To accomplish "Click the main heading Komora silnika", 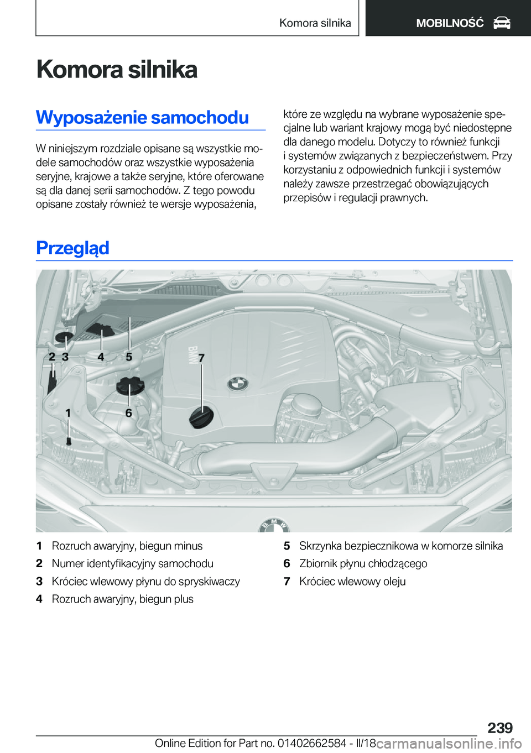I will click(117, 70).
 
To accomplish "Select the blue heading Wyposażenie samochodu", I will click(142, 117).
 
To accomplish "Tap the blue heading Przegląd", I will click(72, 248).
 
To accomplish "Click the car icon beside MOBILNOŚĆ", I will click(502, 23).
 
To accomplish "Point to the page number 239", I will click(500, 728).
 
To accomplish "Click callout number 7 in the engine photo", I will click(201, 358).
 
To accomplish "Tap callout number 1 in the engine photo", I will click(68, 413).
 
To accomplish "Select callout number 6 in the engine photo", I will click(129, 413).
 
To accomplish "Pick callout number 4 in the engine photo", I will click(101, 357).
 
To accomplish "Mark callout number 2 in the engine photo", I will click(52, 357).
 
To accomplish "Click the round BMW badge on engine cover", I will click(238, 384).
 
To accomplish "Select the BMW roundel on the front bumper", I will click(274, 525).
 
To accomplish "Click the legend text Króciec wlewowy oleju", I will click(352, 581).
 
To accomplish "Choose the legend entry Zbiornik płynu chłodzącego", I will click(363, 563).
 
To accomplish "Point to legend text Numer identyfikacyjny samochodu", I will click(132, 563).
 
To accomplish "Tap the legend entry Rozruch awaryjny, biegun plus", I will click(122, 599).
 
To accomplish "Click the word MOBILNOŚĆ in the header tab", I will click(450, 23).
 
